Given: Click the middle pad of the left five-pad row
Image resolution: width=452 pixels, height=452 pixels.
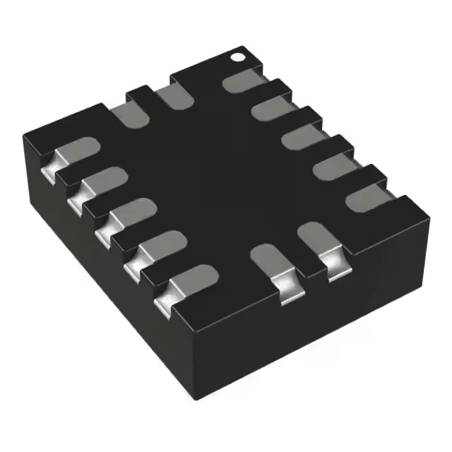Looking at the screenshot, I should point(128,214).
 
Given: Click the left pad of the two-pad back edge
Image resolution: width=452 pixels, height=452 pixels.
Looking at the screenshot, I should point(128,114).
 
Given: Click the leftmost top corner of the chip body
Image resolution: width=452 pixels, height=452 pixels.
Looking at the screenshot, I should point(24,134).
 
